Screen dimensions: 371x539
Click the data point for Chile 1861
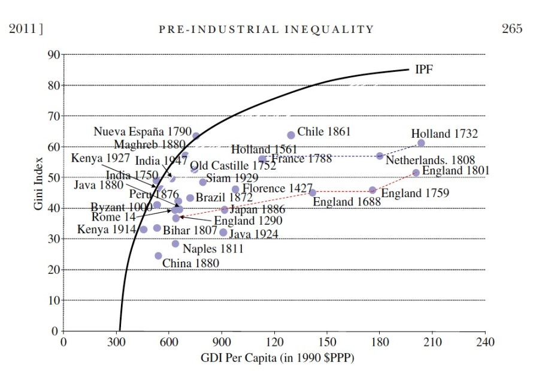pos(291,135)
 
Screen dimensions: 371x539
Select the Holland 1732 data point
pos(421,143)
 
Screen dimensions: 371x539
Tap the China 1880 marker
pos(158,256)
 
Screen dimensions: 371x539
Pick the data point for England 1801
pos(416,173)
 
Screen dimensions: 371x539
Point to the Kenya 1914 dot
pos(144,230)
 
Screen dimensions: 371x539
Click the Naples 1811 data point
pos(175,243)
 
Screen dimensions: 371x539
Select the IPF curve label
pos(424,70)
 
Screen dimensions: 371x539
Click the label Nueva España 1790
pos(142,131)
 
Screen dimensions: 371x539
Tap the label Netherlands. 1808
pos(430,160)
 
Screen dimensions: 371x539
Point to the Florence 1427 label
pos(278,188)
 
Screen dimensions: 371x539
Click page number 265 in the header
pos(512,29)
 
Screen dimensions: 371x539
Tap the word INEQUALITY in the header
pos(337,29)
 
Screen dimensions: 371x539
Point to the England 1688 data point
pos(313,193)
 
